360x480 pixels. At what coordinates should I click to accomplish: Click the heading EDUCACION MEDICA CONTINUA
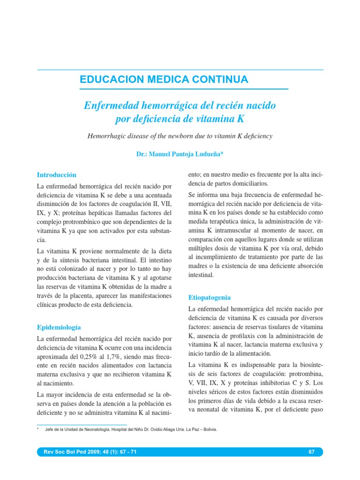tap(164, 80)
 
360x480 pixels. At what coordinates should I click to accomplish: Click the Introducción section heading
tap(56, 175)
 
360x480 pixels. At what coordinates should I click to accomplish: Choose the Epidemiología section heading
tap(59, 327)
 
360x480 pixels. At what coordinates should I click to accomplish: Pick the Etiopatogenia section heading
tap(209, 298)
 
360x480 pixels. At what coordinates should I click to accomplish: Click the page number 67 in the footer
tap(312, 452)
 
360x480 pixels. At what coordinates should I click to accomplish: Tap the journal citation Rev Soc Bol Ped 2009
tap(90, 452)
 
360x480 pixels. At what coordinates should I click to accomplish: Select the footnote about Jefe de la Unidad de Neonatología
tap(131, 429)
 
